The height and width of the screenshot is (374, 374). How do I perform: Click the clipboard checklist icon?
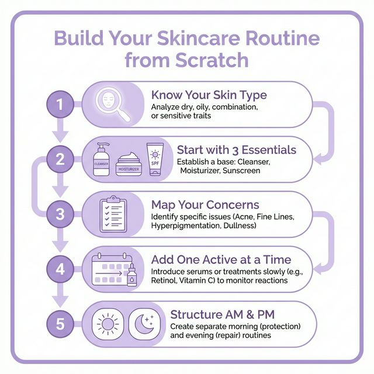(x=113, y=214)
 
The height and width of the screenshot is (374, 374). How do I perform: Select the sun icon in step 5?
(x=109, y=323)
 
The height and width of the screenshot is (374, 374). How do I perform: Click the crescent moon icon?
(x=144, y=323)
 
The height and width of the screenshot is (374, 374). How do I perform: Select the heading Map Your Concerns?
(x=205, y=205)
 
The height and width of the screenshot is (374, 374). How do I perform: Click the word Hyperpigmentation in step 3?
(x=186, y=226)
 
